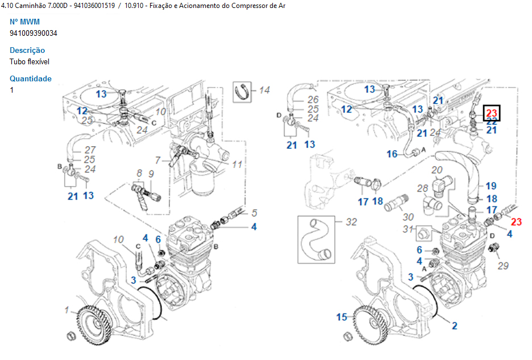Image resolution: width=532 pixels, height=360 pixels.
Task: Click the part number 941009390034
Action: click(34, 33)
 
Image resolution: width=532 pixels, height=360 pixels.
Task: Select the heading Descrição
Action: click(27, 51)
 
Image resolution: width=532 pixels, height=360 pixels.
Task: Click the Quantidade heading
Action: click(31, 79)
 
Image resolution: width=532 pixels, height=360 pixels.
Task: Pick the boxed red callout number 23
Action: click(491, 112)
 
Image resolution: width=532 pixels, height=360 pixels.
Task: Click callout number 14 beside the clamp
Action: click(264, 90)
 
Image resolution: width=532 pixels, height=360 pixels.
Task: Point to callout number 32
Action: click(351, 222)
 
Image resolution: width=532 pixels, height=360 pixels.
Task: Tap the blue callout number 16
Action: click(392, 154)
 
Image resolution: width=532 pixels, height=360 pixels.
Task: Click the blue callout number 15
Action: click(342, 317)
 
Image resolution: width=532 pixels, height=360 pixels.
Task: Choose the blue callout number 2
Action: click(454, 326)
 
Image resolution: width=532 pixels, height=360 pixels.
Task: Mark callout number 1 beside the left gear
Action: click(66, 311)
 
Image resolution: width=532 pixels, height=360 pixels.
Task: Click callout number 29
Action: click(503, 266)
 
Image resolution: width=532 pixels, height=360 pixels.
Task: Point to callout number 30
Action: click(408, 217)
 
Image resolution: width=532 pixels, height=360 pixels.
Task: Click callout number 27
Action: click(90, 150)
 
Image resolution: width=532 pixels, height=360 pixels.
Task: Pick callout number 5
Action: click(254, 213)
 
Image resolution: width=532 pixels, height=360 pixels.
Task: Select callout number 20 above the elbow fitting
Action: click(437, 170)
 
